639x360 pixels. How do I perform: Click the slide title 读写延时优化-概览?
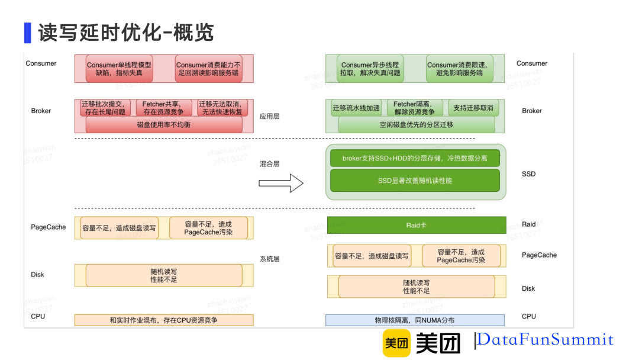(x=125, y=33)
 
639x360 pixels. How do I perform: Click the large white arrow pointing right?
(x=280, y=184)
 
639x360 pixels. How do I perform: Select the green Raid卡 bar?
(x=416, y=225)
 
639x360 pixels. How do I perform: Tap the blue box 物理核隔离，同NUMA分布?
(x=415, y=320)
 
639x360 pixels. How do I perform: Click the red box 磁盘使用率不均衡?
(x=164, y=124)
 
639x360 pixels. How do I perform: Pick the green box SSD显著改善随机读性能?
(x=415, y=180)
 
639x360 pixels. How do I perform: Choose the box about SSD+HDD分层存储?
(x=415, y=159)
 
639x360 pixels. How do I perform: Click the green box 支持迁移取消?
(x=473, y=108)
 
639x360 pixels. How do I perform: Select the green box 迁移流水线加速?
(x=356, y=108)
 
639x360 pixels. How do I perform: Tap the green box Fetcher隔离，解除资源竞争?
(x=415, y=108)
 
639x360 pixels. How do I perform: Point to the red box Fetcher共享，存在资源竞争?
(x=163, y=108)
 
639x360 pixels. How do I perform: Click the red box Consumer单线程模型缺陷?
(x=119, y=69)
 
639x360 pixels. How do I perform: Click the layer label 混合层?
(x=269, y=163)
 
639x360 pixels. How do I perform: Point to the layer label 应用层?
(x=269, y=116)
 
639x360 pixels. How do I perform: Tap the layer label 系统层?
(x=269, y=259)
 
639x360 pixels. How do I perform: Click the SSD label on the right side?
(x=528, y=174)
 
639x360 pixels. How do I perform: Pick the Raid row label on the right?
(x=528, y=224)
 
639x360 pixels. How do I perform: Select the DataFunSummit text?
(x=545, y=340)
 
